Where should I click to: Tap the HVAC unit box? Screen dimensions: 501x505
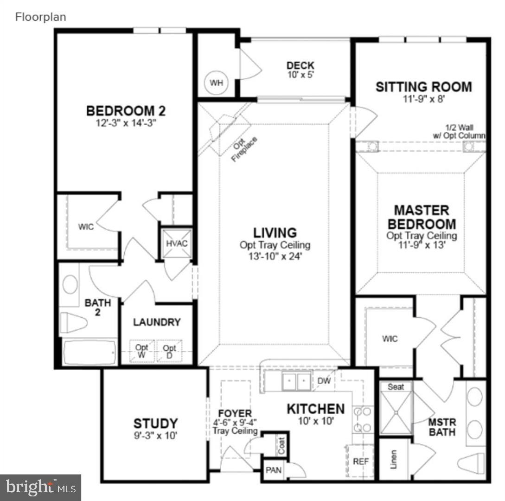coord(176,244)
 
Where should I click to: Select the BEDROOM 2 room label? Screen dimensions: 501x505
coord(126,111)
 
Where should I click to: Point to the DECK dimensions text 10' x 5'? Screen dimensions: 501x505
coord(300,74)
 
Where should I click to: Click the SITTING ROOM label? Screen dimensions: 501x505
coord(423,87)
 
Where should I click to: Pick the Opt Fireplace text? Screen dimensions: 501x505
coord(244,149)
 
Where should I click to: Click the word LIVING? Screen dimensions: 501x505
coord(275,232)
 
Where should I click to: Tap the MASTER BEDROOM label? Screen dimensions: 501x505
coord(422,217)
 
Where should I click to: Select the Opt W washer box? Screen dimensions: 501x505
coord(141,351)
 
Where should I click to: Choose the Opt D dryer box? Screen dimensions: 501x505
coord(169,351)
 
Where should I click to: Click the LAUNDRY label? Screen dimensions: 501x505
coord(157,322)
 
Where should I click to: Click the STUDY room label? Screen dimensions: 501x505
coord(155,424)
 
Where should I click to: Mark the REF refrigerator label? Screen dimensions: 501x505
coord(360,462)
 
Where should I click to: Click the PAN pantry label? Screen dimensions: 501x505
coord(273,470)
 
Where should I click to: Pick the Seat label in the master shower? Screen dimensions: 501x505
coord(396,387)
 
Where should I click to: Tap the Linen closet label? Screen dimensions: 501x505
coord(393,458)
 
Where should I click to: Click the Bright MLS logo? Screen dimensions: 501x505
coord(41,487)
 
